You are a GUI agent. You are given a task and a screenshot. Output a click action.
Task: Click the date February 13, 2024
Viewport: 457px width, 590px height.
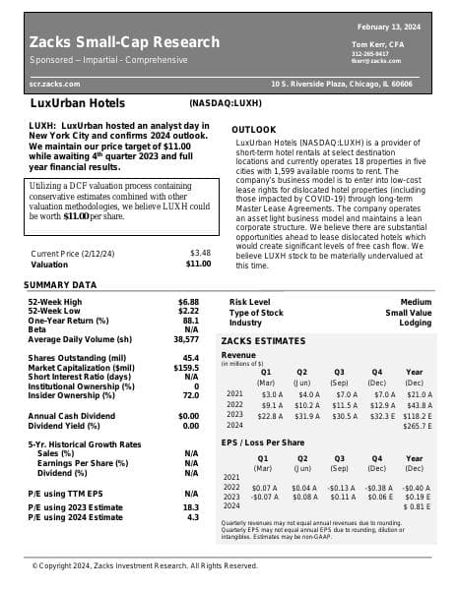point(388,26)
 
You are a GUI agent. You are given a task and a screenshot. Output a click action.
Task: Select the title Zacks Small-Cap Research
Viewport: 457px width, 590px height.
point(125,42)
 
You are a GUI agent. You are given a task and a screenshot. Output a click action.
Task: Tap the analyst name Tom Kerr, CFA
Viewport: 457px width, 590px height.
point(375,44)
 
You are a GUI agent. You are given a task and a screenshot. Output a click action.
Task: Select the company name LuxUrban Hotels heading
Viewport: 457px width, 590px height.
point(78,102)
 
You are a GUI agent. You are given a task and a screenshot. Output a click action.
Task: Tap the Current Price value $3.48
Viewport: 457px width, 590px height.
point(200,253)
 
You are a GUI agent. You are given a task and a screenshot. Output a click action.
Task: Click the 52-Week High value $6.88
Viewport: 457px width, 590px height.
point(188,301)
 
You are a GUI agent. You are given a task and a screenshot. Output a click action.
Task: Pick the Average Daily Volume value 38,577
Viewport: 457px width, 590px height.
point(185,338)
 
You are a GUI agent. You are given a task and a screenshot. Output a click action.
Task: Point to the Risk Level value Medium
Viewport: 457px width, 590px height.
point(416,301)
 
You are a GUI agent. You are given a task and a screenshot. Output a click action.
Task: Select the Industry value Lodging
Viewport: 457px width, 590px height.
point(415,323)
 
